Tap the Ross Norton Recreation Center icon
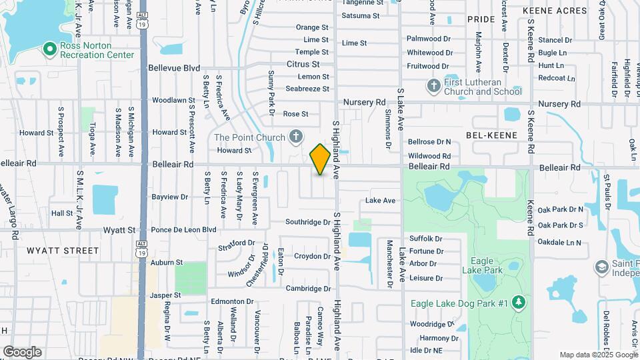pos(49,49)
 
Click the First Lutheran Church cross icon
pos(433,86)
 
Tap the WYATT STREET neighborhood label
pos(63,251)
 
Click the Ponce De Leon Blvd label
pos(183,230)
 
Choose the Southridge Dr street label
pos(308,222)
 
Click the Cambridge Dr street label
pos(308,288)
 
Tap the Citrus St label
pos(303,64)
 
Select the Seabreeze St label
pos(307,89)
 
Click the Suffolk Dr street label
pos(425,239)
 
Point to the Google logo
pos(22,351)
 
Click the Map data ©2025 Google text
pos(597,355)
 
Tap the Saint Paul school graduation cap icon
pos(601,267)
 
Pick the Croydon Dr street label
pos(313,256)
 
